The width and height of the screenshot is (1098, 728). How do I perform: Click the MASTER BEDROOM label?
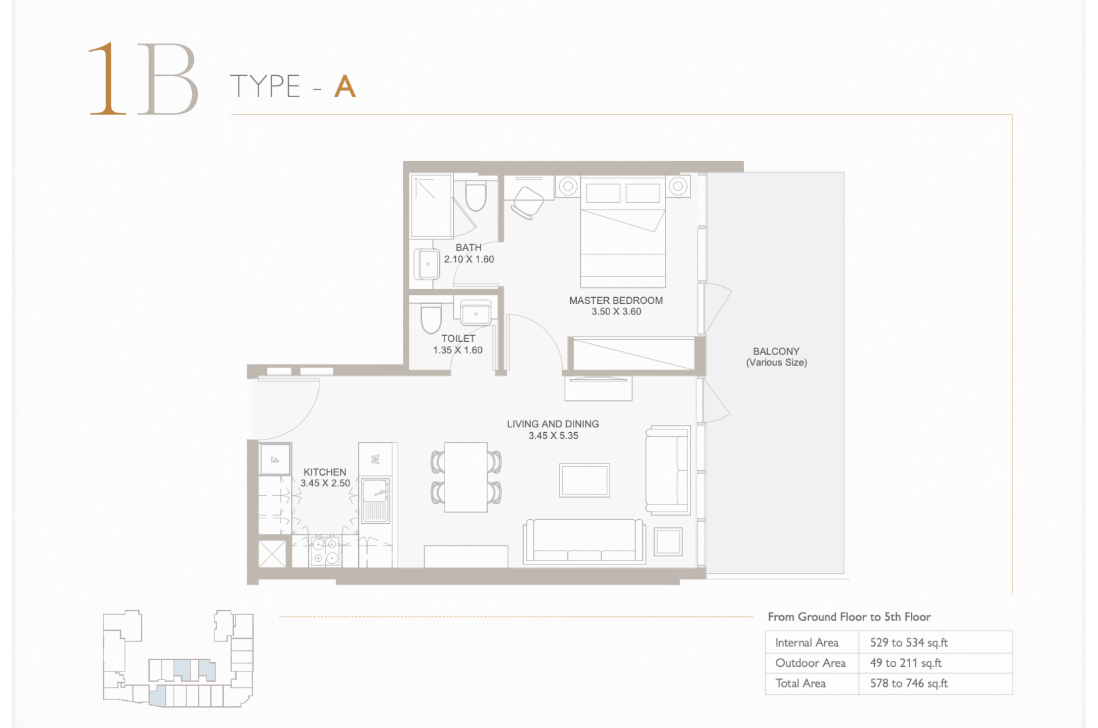click(616, 300)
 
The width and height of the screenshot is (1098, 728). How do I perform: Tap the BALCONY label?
click(776, 351)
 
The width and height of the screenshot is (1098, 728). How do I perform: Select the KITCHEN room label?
click(325, 472)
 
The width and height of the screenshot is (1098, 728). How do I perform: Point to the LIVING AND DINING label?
click(553, 424)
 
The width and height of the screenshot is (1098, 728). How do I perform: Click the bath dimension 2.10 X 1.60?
click(469, 259)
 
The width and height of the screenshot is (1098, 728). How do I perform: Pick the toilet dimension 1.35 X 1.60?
click(458, 350)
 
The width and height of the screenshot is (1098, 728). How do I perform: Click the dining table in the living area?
click(466, 477)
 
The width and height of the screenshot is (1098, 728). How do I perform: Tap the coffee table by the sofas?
click(584, 480)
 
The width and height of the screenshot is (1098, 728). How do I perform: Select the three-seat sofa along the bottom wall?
click(584, 541)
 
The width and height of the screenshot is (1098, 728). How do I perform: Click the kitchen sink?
click(375, 500)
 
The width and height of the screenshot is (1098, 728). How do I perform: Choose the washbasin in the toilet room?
click(476, 313)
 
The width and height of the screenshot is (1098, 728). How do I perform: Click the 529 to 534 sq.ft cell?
click(909, 643)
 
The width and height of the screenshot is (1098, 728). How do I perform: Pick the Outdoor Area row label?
click(811, 663)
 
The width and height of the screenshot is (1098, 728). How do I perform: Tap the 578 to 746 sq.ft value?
click(909, 683)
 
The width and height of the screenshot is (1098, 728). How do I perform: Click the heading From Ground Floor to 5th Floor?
click(849, 617)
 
